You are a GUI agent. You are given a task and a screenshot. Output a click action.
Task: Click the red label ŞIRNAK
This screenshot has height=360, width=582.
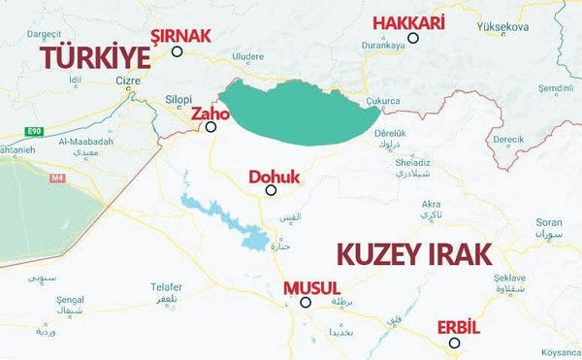[x=179, y=35]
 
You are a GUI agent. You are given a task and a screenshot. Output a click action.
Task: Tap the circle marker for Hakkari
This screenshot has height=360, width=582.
[x=413, y=39]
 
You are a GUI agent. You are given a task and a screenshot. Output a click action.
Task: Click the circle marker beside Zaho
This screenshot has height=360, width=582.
[x=210, y=126]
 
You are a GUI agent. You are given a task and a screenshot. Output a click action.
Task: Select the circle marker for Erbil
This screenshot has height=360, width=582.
[x=454, y=343]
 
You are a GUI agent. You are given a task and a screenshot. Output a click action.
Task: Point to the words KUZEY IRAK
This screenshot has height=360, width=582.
[x=413, y=255]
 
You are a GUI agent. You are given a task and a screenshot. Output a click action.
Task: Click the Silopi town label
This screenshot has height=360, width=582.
[x=181, y=100]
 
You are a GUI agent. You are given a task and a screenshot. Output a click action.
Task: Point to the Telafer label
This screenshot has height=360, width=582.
[x=166, y=286]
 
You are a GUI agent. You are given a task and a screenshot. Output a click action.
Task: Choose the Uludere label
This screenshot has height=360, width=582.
[x=246, y=57]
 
